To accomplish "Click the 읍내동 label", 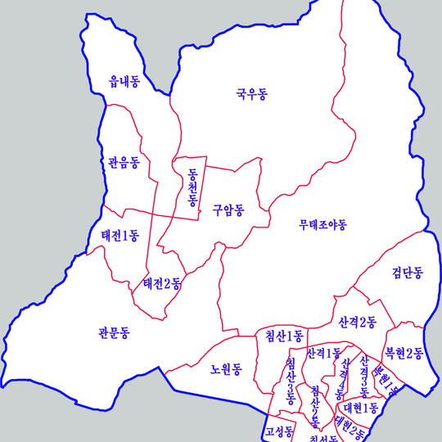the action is click(x=124, y=81).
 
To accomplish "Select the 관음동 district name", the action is click(x=123, y=162).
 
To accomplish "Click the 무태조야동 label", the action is click(x=323, y=223).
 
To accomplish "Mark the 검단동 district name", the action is click(x=407, y=272).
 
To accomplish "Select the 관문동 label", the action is click(x=114, y=332).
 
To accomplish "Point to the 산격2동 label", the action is click(x=357, y=322).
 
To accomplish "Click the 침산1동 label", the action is click(x=284, y=336).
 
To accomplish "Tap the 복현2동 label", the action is click(x=404, y=354).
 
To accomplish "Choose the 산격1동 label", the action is click(x=323, y=354).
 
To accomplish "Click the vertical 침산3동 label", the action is click(x=291, y=381).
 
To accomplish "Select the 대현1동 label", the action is click(x=361, y=407).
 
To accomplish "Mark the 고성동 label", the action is click(x=279, y=432).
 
